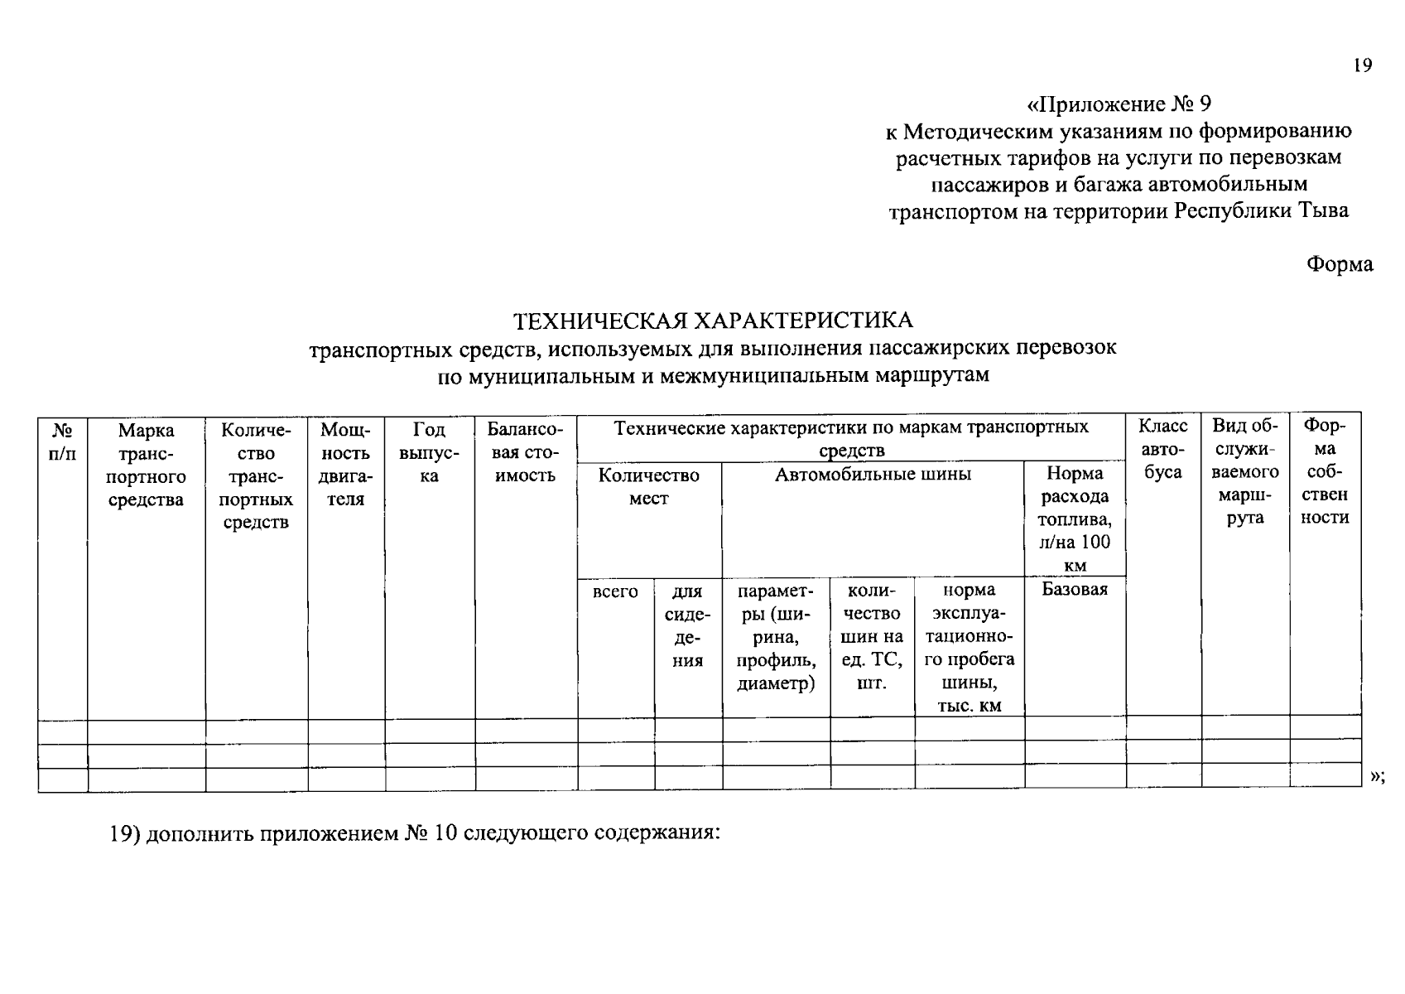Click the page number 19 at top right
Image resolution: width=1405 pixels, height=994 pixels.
tap(1363, 66)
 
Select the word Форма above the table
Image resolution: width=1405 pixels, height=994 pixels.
tap(1339, 264)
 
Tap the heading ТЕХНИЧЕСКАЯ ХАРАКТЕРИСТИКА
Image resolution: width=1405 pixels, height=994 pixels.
tap(713, 321)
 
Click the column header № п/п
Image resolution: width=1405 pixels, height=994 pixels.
tap(63, 442)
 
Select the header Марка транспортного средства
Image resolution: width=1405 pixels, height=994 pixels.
tap(147, 465)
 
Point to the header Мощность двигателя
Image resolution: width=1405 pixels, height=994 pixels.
tap(346, 465)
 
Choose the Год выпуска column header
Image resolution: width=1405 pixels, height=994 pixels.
tap(429, 453)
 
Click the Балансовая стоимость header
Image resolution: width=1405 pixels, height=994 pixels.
tap(525, 453)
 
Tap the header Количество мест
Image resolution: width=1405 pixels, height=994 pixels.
tap(649, 487)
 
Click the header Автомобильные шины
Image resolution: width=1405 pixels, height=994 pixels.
tap(873, 475)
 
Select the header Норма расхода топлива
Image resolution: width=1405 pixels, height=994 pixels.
tap(1075, 519)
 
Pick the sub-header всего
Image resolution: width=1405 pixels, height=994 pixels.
tap(615, 592)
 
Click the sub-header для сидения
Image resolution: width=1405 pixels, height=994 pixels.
tap(687, 626)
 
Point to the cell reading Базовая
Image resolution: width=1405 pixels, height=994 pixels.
tap(1075, 590)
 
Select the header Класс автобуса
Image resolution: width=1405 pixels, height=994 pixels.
tap(1163, 449)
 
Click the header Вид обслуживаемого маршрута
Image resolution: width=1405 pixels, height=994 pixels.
tap(1245, 471)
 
